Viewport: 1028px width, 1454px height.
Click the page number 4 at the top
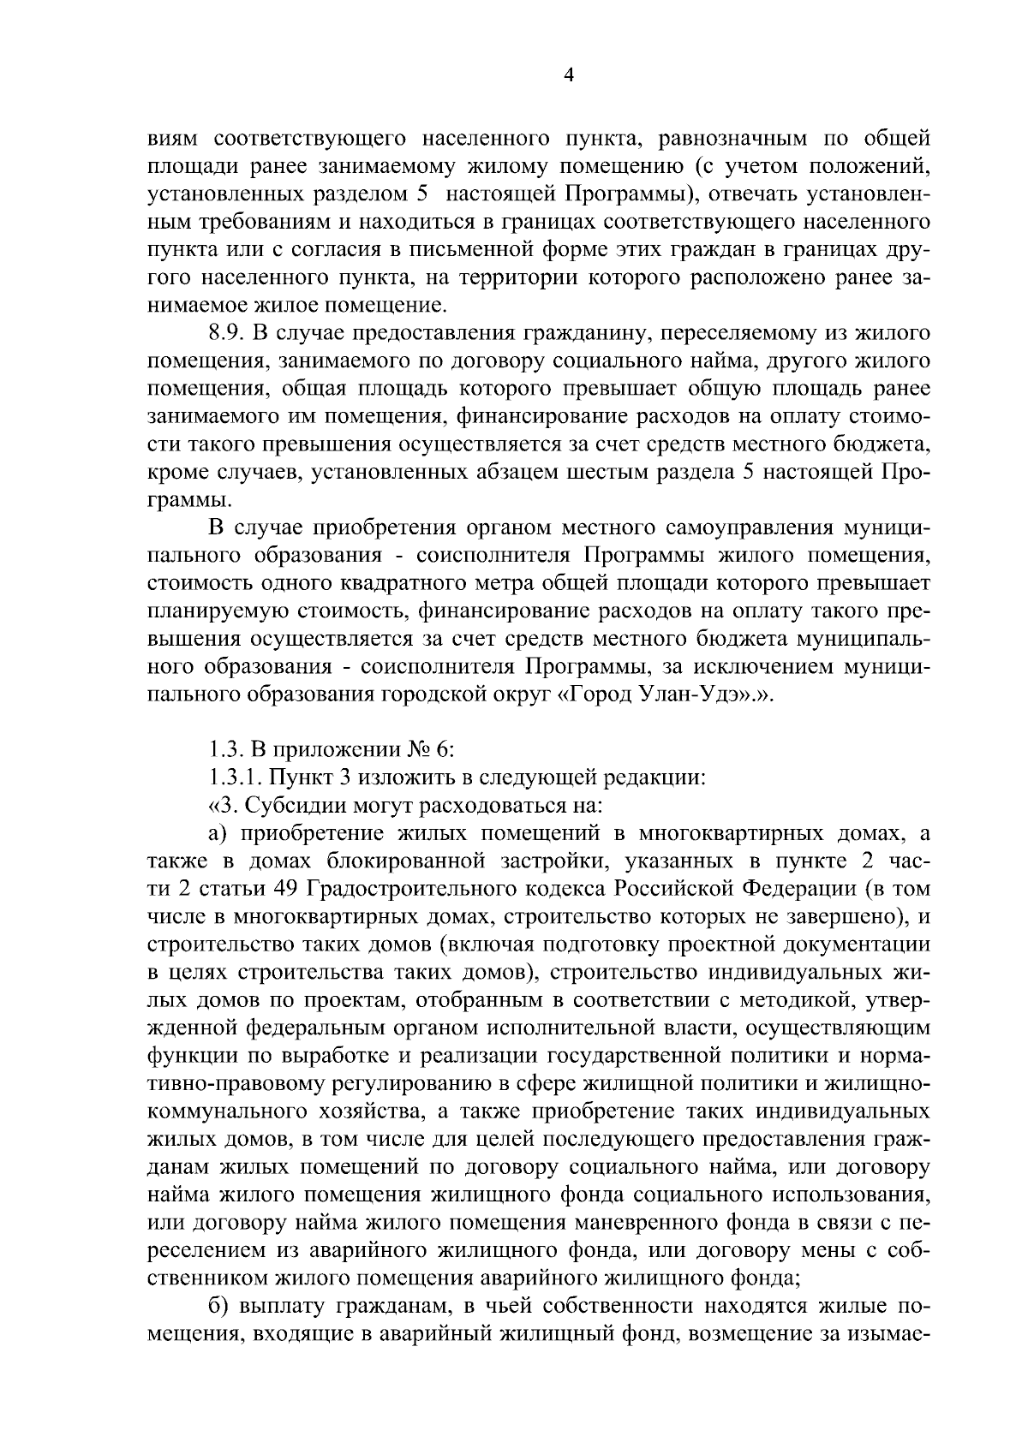pyautogui.click(x=568, y=75)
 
